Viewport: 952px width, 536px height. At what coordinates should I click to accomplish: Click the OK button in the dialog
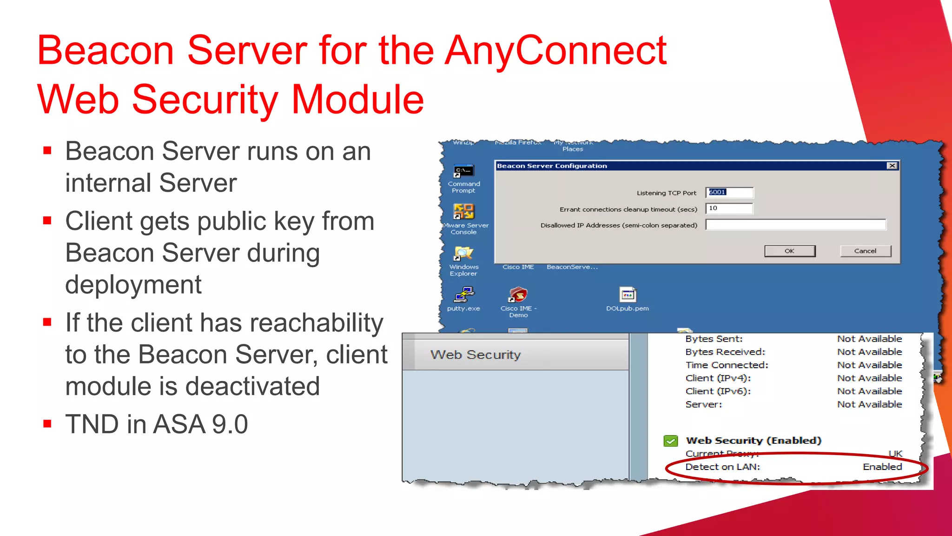point(789,251)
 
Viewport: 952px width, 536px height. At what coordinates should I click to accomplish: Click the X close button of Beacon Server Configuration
point(892,166)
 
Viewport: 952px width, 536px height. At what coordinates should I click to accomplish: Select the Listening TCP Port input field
point(729,192)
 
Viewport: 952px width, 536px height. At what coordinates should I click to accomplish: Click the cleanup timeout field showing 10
point(729,208)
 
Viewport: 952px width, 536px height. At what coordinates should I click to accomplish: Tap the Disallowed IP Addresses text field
point(795,225)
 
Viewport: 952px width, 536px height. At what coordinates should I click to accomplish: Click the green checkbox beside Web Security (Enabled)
point(670,441)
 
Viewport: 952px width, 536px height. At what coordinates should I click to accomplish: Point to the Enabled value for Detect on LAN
point(882,467)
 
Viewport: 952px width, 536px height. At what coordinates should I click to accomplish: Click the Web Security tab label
point(475,355)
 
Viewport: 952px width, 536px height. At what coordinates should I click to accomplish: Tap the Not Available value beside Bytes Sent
point(869,339)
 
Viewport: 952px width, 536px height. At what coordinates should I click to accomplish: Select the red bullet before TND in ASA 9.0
point(47,424)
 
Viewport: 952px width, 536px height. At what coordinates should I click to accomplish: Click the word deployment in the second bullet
point(133,284)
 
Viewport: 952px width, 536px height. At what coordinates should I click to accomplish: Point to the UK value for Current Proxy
point(895,453)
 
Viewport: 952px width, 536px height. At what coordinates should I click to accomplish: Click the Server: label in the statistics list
point(703,404)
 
